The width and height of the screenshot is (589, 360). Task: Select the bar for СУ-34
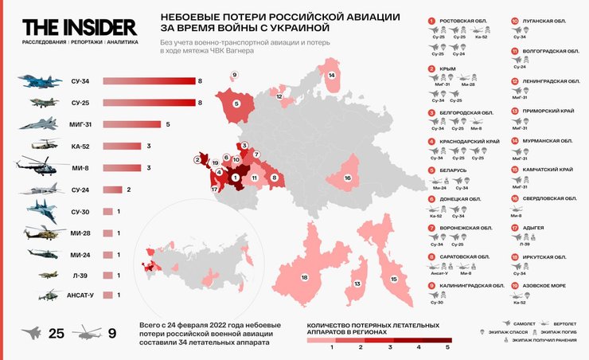pyautogui.click(x=150, y=80)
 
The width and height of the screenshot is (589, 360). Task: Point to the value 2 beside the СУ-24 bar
pyautogui.click(x=129, y=190)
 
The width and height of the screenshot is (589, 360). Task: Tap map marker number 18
pyautogui.click(x=304, y=277)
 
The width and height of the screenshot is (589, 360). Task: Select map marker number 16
pyautogui.click(x=348, y=178)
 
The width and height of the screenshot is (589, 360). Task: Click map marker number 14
pyautogui.click(x=331, y=76)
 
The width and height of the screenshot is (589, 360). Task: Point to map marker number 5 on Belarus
pyautogui.click(x=236, y=104)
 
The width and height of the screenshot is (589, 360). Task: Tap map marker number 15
pyautogui.click(x=392, y=280)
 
